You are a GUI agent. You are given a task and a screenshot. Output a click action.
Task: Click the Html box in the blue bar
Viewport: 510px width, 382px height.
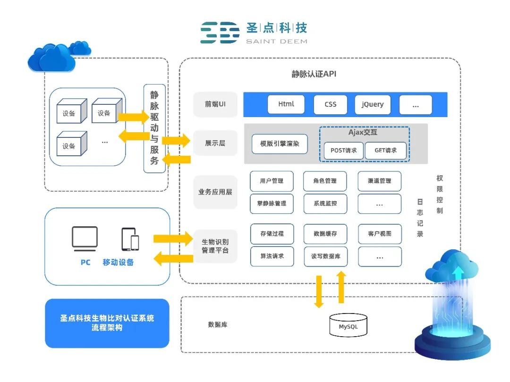[x=286, y=104]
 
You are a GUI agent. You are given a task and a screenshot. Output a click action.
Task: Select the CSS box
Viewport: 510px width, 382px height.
[x=330, y=104]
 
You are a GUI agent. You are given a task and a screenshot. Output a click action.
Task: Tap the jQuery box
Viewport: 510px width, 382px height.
[x=373, y=104]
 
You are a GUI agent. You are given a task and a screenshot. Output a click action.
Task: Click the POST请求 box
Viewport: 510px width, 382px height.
[x=343, y=151]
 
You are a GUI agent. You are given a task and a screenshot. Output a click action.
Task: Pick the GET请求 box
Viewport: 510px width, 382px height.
[x=386, y=151]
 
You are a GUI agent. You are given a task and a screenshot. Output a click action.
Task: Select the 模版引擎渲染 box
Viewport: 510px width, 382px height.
[x=280, y=144]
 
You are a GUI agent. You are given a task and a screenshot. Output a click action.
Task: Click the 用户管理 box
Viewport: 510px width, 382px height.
[x=272, y=181]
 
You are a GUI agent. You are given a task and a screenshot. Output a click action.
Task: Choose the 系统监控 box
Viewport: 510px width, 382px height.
[x=325, y=204]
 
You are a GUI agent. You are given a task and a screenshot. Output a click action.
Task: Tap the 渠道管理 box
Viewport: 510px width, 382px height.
[x=380, y=181]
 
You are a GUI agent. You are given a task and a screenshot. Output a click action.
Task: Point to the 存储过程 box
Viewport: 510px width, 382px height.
[x=272, y=234]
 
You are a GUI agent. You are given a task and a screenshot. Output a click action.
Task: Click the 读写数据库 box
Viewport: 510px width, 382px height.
[x=325, y=256]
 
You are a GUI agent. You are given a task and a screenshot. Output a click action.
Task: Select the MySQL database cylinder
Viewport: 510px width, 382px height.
[x=348, y=325]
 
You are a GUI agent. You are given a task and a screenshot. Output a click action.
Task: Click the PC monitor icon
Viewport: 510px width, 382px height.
[x=85, y=238]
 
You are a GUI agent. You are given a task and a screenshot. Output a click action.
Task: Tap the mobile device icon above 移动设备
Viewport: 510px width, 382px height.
[x=130, y=239]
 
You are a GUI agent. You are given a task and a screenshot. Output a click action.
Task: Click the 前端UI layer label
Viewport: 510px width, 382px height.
[x=215, y=104]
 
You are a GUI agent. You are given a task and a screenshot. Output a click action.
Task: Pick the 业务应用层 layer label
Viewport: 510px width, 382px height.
[x=215, y=192]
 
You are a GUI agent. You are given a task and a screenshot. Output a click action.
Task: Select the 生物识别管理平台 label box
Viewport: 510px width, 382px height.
[x=215, y=246]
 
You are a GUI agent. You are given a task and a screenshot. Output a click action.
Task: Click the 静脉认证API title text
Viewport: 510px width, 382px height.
[x=314, y=74]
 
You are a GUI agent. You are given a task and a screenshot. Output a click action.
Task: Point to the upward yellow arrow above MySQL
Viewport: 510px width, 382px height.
[x=341, y=288]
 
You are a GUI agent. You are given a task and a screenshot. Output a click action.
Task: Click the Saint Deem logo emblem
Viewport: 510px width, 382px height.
[x=220, y=33]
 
